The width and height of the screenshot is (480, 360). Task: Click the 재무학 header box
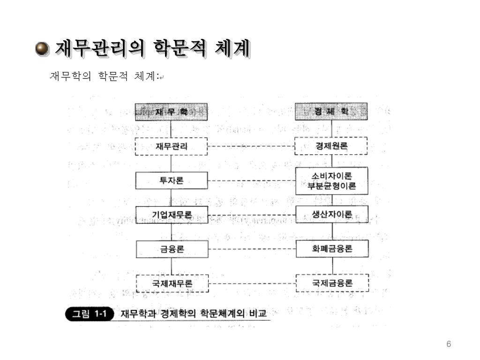click(x=171, y=112)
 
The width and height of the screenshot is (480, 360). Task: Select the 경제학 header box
click(x=331, y=112)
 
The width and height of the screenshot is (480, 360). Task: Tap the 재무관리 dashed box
click(x=171, y=146)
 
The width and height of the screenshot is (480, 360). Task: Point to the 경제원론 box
click(x=331, y=146)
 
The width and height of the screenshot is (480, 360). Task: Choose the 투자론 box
click(x=171, y=180)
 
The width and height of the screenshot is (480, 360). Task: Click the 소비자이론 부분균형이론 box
click(x=331, y=181)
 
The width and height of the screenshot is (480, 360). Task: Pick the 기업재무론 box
click(x=171, y=215)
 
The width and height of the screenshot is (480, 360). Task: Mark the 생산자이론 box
click(x=331, y=215)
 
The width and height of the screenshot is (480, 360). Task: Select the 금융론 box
click(x=171, y=249)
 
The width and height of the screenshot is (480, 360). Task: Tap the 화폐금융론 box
click(x=331, y=249)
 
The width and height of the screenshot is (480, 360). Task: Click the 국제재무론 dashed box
click(x=171, y=283)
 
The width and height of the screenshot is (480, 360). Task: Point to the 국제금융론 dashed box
click(x=331, y=283)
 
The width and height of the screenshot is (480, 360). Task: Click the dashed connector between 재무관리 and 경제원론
click(x=251, y=146)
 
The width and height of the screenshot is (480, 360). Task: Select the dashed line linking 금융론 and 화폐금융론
click(x=251, y=249)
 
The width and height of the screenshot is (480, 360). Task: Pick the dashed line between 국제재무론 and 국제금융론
click(x=251, y=283)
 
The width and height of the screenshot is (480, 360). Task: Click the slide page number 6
click(x=449, y=345)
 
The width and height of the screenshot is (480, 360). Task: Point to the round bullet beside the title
click(x=42, y=49)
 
